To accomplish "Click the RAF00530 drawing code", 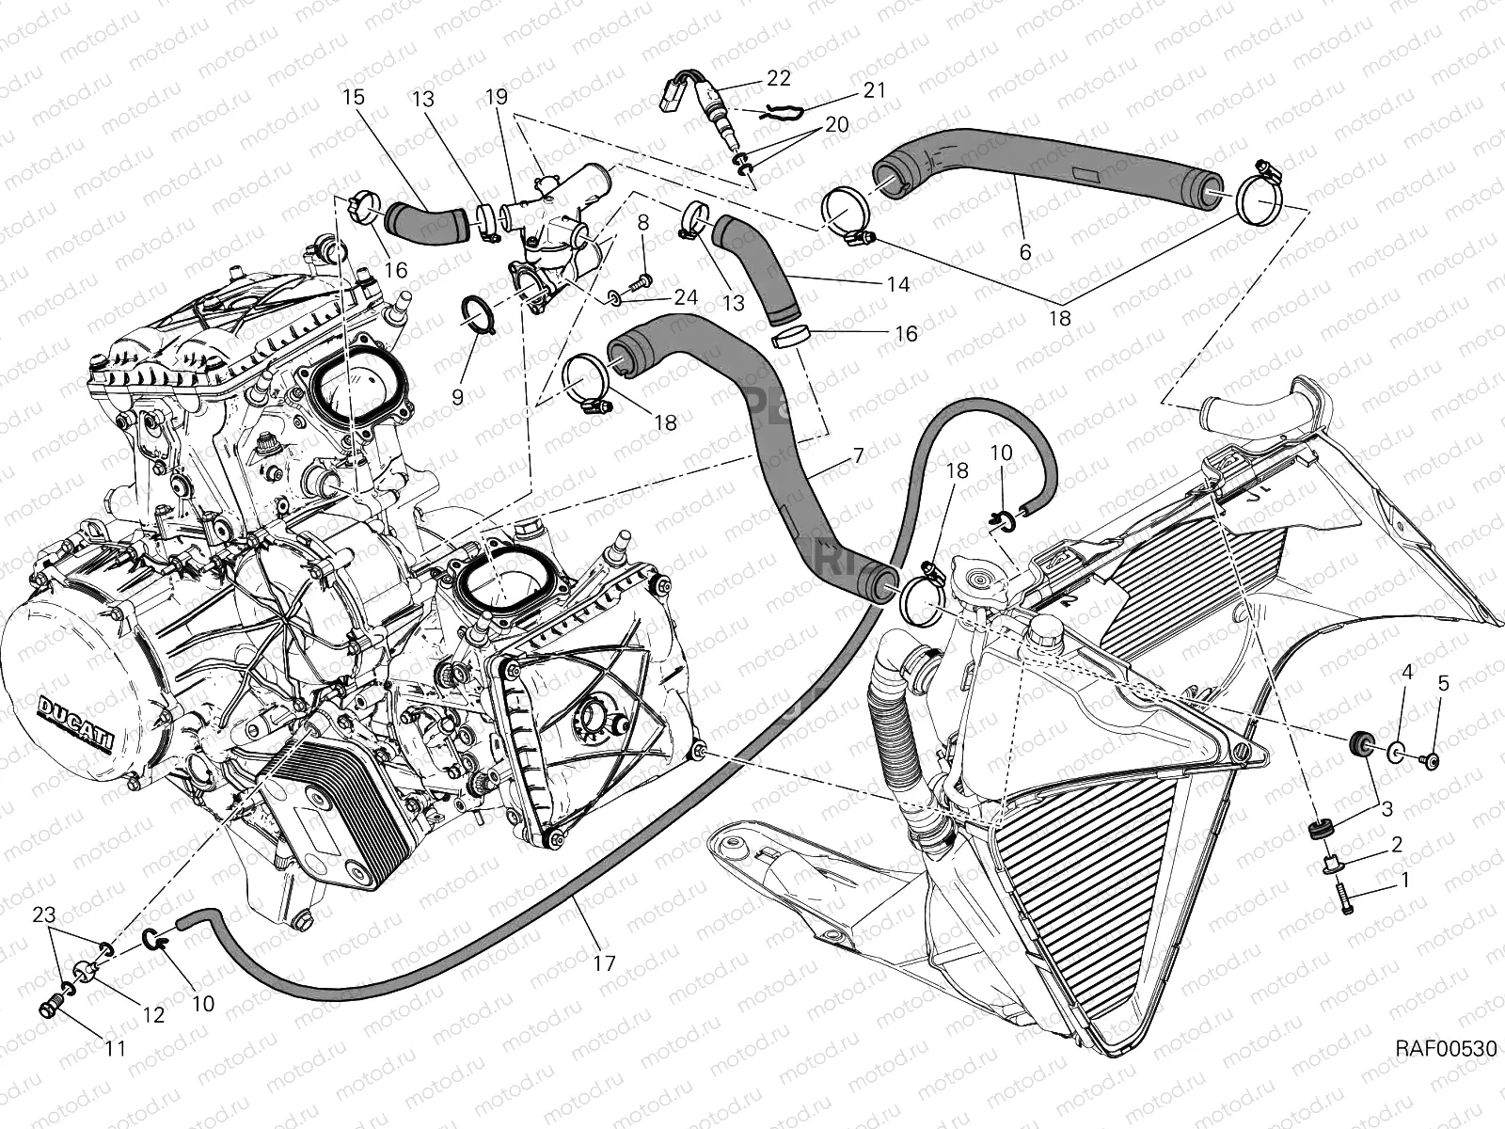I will (1445, 1076).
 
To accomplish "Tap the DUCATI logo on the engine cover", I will (77, 724).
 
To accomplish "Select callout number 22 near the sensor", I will (779, 78).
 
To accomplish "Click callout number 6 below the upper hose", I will (1025, 251).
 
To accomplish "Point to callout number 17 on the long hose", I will (604, 963).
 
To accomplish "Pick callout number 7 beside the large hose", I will (858, 457).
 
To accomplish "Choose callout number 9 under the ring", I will (457, 397).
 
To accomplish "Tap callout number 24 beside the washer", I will (686, 297).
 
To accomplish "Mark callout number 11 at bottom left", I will (115, 1047).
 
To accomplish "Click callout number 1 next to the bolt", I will (1405, 882).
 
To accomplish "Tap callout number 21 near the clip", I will (874, 91).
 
